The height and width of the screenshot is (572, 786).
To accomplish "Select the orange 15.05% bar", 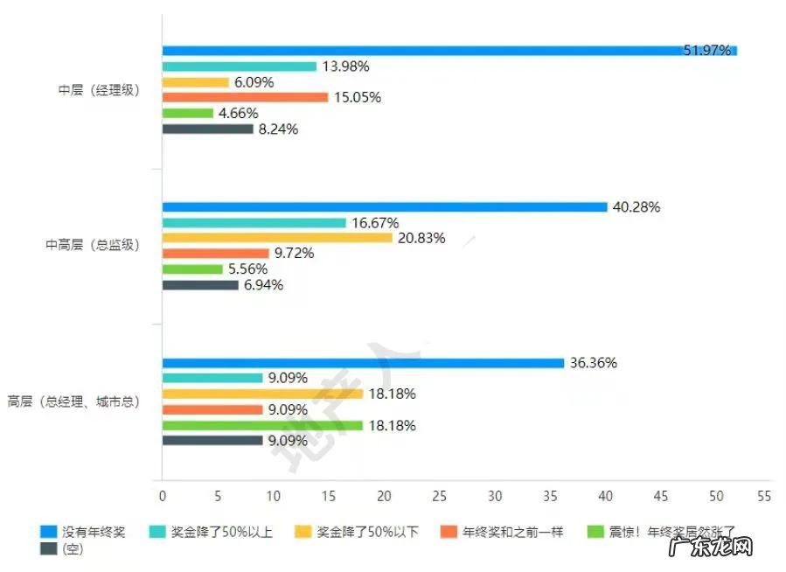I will point(245,97).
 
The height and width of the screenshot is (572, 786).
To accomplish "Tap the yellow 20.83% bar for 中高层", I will point(277,238).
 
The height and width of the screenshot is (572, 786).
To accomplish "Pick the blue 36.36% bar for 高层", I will point(363,363).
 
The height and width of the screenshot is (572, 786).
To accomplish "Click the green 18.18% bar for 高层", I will point(262,426).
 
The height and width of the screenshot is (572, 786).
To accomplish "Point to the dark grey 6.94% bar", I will point(200,285).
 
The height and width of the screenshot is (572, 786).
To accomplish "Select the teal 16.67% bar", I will point(254,223).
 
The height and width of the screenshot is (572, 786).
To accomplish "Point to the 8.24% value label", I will point(278,129).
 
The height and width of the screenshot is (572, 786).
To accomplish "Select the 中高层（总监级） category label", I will point(93,246).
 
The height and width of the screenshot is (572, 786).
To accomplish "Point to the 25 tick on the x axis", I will point(440,496).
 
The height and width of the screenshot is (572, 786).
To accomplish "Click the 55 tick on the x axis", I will point(764,496).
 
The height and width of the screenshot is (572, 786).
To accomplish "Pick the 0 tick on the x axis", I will point(163,496).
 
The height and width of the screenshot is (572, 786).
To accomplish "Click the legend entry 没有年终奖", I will point(84,531).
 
